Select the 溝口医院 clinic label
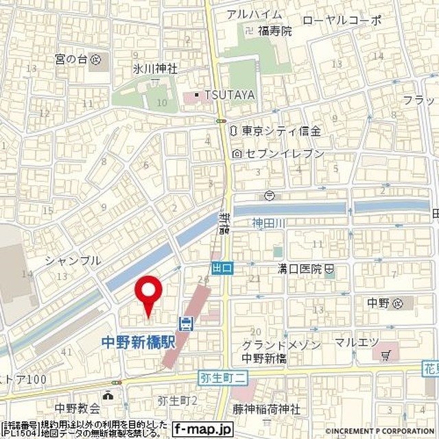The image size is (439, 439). [x=300, y=269]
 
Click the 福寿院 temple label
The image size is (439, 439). [x=274, y=31]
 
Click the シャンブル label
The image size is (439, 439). [x=73, y=261]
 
